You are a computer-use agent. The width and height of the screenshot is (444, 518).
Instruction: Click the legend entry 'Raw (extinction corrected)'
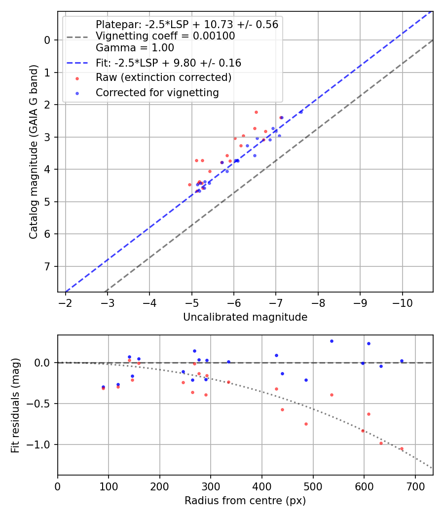tap(163, 77)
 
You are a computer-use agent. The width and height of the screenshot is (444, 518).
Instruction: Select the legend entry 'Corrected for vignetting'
tap(157, 92)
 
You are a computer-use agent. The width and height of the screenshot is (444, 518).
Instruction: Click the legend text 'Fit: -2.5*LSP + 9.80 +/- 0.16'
tap(168, 63)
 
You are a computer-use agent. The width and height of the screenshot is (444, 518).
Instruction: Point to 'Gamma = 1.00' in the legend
tap(135, 48)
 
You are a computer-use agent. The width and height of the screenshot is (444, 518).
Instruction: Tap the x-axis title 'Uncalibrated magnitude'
tap(245, 317)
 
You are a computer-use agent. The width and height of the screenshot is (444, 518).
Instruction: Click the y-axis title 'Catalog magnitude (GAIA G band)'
tap(33, 154)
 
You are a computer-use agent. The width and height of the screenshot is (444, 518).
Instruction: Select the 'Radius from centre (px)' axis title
tap(245, 501)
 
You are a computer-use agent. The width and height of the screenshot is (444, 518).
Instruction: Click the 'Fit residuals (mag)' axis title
tap(15, 405)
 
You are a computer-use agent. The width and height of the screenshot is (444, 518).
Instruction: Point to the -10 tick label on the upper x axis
tap(402, 302)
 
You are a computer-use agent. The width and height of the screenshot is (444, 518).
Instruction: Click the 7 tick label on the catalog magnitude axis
tap(47, 267)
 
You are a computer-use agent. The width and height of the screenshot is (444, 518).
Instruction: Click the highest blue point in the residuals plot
tap(332, 341)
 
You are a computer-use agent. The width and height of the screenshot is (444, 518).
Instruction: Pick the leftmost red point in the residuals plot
tap(103, 388)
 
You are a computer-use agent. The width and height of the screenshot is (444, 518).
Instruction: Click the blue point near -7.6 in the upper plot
tap(301, 112)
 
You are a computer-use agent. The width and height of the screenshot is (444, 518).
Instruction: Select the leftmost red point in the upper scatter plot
tap(189, 185)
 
